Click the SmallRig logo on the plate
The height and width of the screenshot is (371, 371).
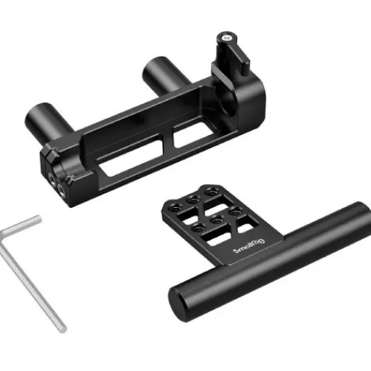(x=249, y=246)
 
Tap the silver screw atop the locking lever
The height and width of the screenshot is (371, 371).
(x=227, y=38)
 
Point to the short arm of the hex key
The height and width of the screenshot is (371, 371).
(x=21, y=225)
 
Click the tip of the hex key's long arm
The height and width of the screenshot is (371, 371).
(x=62, y=329)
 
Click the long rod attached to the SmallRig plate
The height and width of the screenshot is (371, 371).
(x=269, y=261)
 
